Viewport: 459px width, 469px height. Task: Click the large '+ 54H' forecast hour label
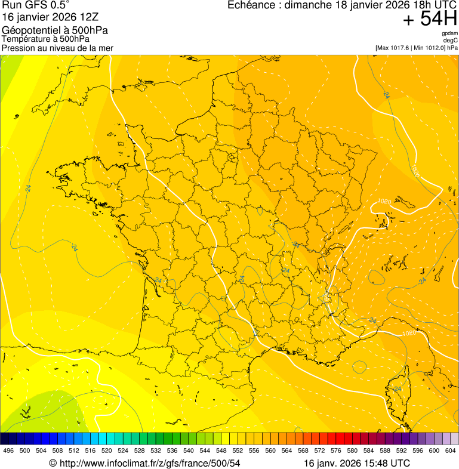430,19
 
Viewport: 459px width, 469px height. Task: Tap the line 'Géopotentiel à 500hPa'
56,30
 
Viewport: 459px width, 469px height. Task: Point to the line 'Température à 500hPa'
46,39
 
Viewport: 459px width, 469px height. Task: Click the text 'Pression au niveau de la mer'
57,48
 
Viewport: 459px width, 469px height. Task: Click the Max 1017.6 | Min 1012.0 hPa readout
416,48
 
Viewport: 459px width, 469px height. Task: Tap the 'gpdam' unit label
449,33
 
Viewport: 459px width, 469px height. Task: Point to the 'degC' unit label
450,41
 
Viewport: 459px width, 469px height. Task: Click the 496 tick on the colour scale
8,451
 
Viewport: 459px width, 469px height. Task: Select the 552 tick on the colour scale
238,451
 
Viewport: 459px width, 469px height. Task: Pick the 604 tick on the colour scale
450,451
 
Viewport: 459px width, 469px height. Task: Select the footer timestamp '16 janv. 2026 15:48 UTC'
357,463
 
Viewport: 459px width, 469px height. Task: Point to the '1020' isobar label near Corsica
409,333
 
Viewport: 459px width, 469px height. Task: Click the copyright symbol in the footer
53,463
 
